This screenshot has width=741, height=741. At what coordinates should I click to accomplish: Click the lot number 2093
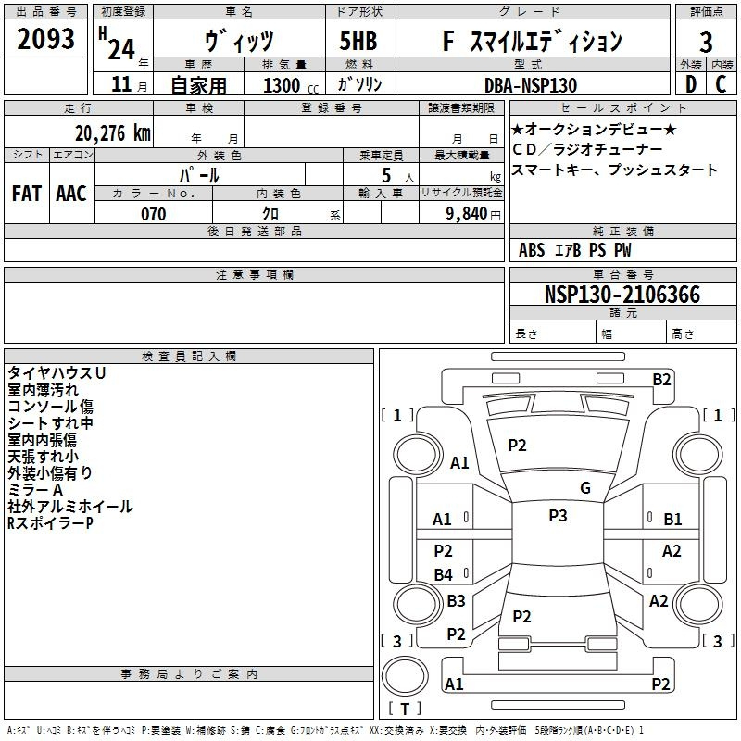click(x=46, y=40)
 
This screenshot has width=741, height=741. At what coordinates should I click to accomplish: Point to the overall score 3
click(x=706, y=42)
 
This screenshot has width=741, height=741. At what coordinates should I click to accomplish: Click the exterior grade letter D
click(x=690, y=84)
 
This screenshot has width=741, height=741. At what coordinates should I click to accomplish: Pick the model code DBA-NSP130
click(x=530, y=85)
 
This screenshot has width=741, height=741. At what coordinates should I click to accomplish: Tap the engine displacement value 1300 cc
click(x=288, y=85)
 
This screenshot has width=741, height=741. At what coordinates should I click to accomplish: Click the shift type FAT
click(x=27, y=193)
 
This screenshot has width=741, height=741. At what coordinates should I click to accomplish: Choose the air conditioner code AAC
click(x=70, y=193)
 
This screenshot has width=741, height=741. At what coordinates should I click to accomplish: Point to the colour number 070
click(x=153, y=214)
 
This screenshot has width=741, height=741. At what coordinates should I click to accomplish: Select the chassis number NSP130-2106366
click(x=622, y=295)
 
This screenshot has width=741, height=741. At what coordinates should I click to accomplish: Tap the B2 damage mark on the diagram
click(x=661, y=379)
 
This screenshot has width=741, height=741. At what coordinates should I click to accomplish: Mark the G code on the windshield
click(x=584, y=488)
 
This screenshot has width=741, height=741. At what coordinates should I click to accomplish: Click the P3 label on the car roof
click(x=558, y=516)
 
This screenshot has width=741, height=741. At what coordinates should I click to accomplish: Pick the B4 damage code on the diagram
click(x=444, y=575)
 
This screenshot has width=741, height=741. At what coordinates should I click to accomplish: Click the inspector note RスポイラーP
click(x=50, y=523)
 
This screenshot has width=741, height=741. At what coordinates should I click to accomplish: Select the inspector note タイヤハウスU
click(x=57, y=372)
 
